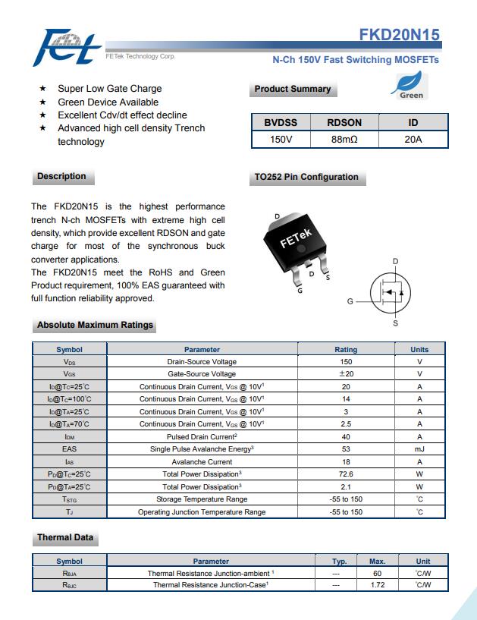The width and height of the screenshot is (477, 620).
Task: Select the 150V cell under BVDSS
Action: [281, 140]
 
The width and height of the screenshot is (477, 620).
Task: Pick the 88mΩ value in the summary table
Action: [344, 140]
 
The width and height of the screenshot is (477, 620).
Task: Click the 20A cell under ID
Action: [413, 140]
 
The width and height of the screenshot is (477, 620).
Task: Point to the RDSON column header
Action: [344, 123]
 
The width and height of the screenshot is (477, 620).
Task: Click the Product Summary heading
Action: [293, 90]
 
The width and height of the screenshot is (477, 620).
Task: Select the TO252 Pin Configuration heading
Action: [306, 178]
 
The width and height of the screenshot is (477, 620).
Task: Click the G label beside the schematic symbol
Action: [350, 301]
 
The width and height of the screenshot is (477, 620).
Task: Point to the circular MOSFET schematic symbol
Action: [390, 292]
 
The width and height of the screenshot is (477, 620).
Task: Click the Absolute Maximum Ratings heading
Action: [95, 326]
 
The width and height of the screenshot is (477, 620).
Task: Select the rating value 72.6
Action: [346, 474]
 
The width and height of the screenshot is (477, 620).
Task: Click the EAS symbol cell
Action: [69, 449]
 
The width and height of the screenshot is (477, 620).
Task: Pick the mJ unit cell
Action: [419, 449]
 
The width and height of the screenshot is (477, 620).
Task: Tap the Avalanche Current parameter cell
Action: [202, 461]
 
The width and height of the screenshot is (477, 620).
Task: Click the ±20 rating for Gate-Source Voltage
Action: [346, 374]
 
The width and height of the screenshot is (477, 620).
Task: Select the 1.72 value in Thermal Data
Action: [378, 585]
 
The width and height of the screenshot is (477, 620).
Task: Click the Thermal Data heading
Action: [65, 538]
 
